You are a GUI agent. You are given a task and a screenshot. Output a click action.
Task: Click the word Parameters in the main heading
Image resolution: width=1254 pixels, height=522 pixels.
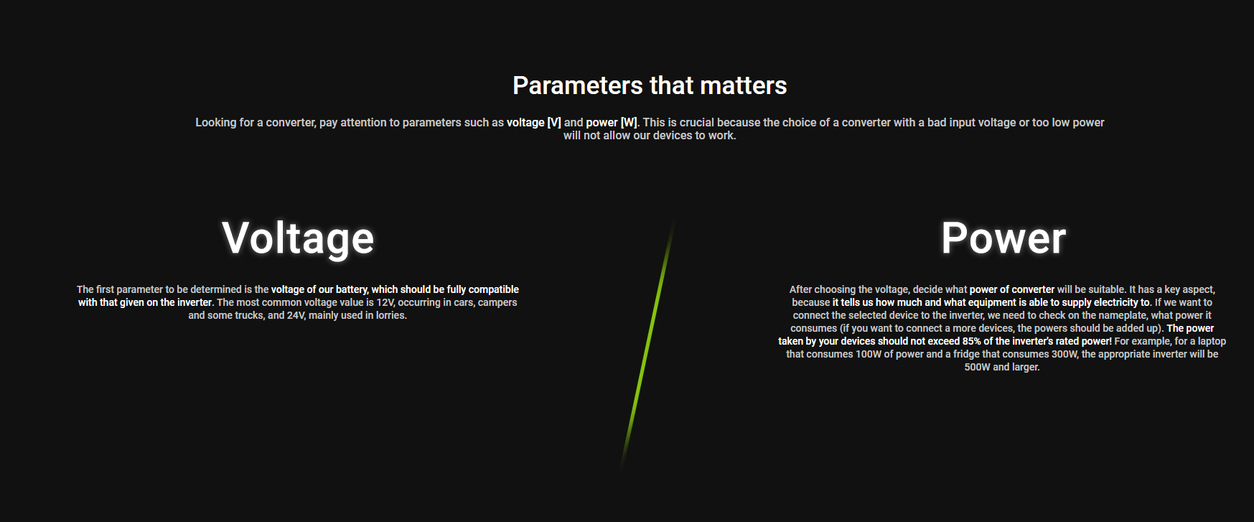(x=578, y=85)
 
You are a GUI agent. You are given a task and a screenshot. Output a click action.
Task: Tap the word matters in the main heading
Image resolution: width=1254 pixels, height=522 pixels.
(x=743, y=85)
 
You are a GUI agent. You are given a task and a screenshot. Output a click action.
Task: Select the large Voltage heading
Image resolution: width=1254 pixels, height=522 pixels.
(x=298, y=238)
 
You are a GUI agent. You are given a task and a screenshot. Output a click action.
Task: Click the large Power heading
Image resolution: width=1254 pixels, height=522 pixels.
(x=1003, y=238)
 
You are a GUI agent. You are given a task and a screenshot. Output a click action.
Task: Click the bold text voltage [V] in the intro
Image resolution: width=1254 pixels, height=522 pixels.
(x=534, y=123)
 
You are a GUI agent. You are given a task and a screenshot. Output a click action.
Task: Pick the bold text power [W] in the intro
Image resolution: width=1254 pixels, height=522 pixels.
(x=612, y=123)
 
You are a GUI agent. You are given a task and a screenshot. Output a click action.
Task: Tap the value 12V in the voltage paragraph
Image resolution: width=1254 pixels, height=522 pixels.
(x=385, y=302)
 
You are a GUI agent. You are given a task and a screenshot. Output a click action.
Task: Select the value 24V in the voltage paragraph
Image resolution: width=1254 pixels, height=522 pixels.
(x=296, y=315)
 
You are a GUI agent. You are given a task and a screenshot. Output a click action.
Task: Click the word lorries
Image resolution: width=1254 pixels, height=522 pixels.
(x=391, y=315)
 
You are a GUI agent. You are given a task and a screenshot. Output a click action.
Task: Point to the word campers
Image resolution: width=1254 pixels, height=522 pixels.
(x=497, y=302)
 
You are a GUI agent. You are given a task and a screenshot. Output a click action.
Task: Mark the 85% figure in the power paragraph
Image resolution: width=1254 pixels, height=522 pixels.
(x=972, y=341)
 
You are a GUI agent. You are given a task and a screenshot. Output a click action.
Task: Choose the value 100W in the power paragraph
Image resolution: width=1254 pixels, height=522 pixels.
(x=869, y=354)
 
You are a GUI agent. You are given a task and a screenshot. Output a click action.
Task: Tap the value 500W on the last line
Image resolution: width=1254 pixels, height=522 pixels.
(x=977, y=367)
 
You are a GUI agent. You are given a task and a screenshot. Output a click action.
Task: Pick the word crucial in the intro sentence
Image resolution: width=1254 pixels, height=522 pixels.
(x=696, y=123)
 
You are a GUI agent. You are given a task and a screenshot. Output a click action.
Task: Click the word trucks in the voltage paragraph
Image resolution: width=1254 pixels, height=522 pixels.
(x=249, y=315)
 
